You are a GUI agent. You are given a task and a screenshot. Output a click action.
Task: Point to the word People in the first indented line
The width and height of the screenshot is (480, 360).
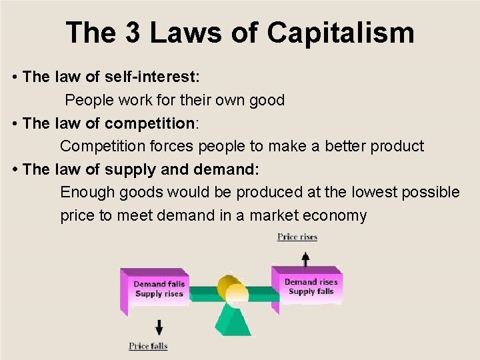[x=89, y=100]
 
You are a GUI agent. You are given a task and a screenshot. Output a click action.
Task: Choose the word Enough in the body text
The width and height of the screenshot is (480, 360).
[x=87, y=193]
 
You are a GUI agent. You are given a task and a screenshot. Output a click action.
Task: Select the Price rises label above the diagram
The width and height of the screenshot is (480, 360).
[x=297, y=237]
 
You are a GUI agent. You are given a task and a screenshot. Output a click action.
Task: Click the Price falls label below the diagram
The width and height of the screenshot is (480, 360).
[x=148, y=346]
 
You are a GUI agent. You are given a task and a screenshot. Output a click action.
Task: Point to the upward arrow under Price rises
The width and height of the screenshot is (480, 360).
[x=305, y=258]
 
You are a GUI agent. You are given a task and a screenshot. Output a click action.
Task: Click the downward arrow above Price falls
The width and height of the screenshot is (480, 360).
[x=159, y=326]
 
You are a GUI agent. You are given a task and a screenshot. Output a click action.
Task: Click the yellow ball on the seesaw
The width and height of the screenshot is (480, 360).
[x=236, y=293]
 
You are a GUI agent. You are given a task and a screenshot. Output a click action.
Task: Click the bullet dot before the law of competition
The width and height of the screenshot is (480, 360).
[x=15, y=123]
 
